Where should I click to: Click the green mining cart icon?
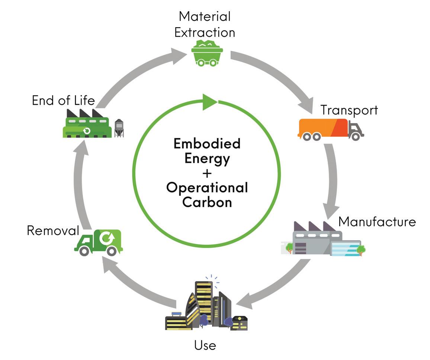(206, 54)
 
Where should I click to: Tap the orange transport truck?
(330, 129)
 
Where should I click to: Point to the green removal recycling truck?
(99, 242)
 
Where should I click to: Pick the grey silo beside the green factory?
(119, 128)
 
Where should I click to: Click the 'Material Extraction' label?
(205, 24)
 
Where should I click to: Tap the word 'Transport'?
(349, 110)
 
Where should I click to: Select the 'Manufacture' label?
(376, 222)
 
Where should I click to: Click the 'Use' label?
(205, 345)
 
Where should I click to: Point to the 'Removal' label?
(53, 231)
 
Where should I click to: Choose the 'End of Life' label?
(63, 100)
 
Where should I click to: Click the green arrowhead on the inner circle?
(209, 102)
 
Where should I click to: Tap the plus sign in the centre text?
(207, 173)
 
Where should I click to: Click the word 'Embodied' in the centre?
(207, 144)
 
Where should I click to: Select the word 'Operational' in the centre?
(207, 187)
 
